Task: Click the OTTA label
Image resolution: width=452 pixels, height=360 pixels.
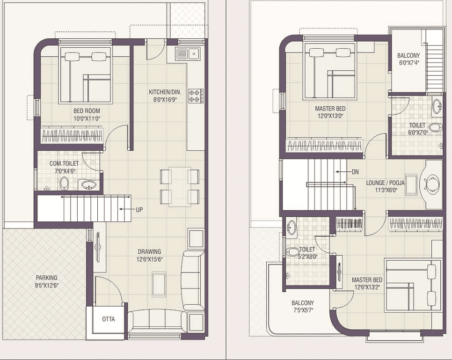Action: tap(109, 319)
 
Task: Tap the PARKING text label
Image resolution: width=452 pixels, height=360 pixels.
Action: tap(46, 278)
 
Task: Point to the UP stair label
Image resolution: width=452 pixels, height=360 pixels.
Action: tap(139, 210)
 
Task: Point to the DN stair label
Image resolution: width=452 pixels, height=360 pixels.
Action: tap(355, 172)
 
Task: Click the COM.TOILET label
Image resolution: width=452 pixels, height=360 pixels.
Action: tap(64, 163)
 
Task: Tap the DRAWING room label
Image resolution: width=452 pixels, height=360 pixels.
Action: tap(149, 251)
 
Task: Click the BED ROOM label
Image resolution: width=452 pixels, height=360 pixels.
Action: tap(87, 111)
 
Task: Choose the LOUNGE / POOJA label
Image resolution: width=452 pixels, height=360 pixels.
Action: tap(385, 183)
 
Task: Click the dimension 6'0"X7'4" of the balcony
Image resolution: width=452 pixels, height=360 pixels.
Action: tap(409, 63)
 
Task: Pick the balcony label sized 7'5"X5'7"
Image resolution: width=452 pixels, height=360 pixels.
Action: tap(303, 303)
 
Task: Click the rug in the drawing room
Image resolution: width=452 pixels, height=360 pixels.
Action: tap(159, 285)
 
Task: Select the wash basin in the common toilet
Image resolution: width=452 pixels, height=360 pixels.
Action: tap(89, 184)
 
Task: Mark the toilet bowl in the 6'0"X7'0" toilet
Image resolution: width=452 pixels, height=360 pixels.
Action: tap(436, 127)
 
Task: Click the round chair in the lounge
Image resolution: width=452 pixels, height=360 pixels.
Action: tap(432, 184)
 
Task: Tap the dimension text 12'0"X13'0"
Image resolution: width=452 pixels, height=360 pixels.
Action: tap(330, 116)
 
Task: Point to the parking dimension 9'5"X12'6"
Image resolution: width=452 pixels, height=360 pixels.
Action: tap(46, 286)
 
